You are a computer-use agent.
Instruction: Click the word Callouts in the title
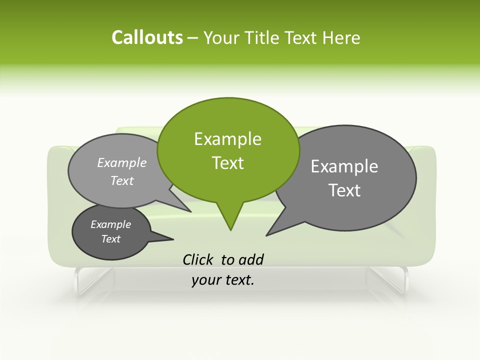147,38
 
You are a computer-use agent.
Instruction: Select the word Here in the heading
341,38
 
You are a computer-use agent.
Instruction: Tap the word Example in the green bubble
227,139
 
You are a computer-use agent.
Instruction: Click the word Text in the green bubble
227,163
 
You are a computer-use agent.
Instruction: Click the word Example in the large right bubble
344,166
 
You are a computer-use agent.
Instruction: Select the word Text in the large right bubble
344,190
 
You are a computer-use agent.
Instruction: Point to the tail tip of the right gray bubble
267,234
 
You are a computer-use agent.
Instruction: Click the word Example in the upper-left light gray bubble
122,162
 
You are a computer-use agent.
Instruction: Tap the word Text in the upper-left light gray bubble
122,180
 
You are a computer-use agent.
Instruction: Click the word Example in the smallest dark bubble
111,224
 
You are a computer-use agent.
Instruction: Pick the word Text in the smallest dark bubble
111,239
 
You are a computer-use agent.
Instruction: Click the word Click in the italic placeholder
199,259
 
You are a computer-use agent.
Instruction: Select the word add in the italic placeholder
251,259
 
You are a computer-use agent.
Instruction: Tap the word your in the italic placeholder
205,280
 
